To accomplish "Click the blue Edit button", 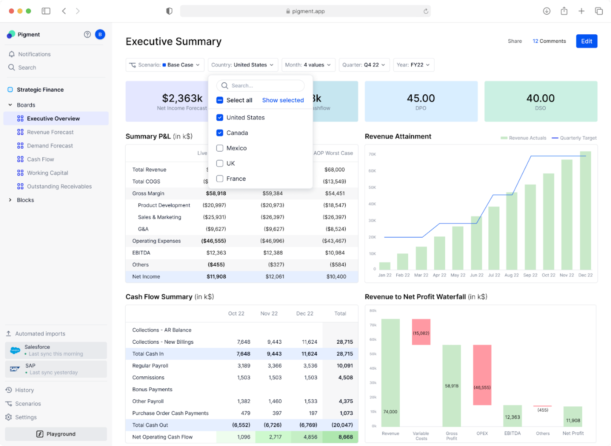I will click(586, 41).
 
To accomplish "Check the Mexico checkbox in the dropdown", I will click(220, 148).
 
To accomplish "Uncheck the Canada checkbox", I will click(220, 133).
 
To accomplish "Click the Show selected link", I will click(283, 100).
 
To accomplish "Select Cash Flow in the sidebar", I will click(41, 159).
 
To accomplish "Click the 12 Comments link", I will click(549, 41).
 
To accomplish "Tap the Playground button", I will click(56, 434).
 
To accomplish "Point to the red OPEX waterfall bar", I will click(482, 375).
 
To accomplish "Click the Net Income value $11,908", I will click(216, 277).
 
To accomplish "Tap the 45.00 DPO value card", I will click(421, 101).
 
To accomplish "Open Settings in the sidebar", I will click(26, 417).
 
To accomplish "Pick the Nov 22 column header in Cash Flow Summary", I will click(269, 313).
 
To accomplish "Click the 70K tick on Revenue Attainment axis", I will click(372, 154).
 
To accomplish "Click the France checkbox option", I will click(220, 178).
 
